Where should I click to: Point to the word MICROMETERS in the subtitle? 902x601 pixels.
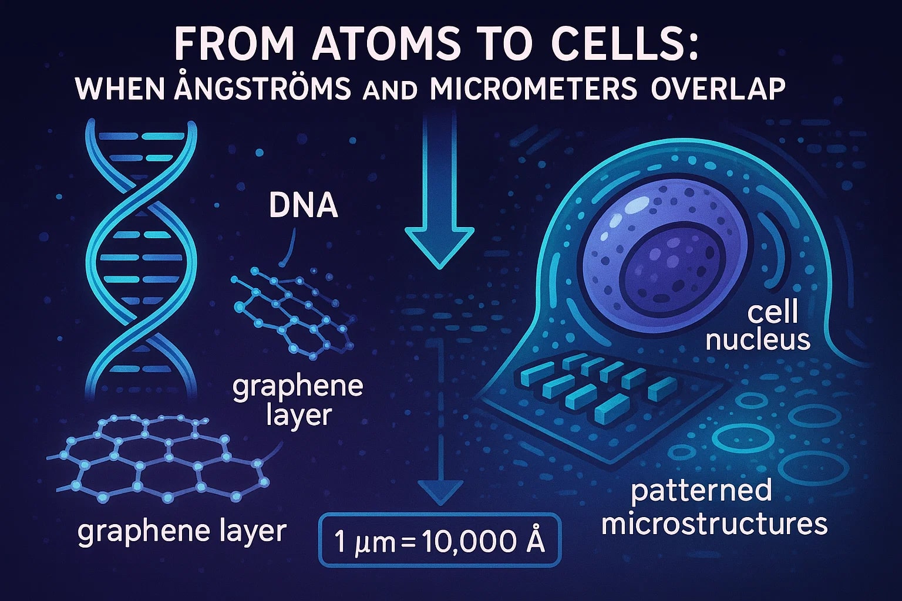coord(534,89)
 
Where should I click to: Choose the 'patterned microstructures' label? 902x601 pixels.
coord(714,507)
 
